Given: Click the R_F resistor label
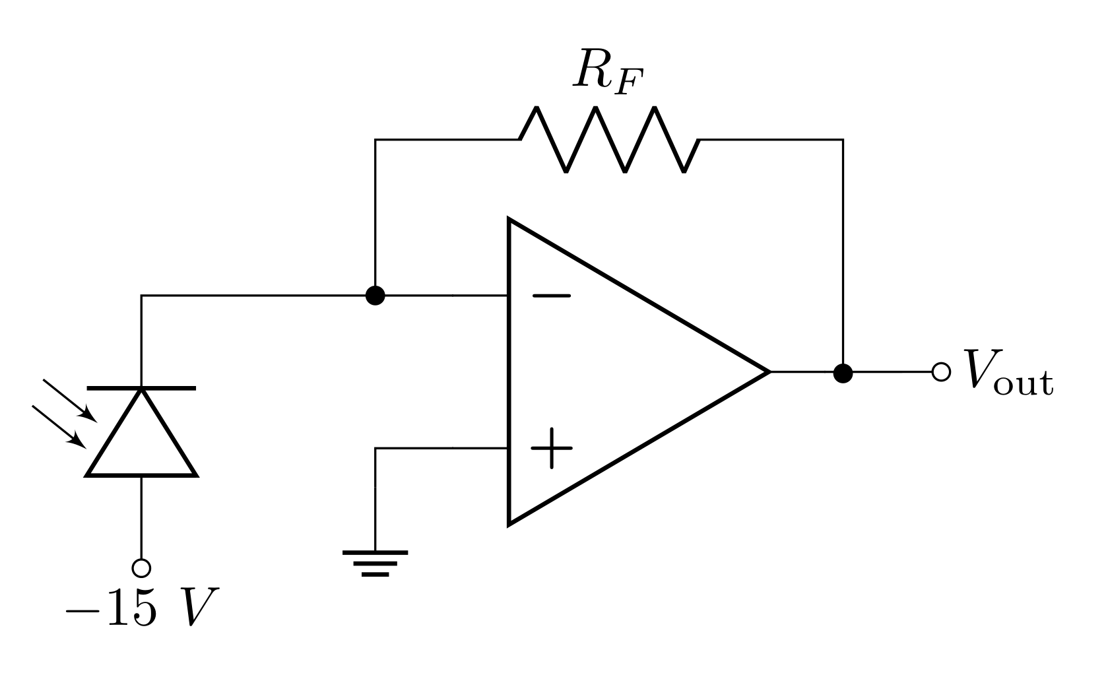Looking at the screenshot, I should (606, 71).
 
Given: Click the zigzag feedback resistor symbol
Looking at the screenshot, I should (609, 140).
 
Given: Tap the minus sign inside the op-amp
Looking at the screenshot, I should (552, 296).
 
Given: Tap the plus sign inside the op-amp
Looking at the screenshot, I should (552, 449).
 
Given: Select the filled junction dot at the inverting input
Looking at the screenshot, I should (375, 296).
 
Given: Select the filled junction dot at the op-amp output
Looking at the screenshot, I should (843, 373).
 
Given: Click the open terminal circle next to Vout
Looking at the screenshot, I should (941, 372).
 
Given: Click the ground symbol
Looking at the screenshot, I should (375, 563).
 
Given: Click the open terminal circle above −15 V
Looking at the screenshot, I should (141, 567).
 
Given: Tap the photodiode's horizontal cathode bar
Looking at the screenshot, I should (141, 389).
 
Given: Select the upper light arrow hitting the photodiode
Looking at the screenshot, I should (69, 399).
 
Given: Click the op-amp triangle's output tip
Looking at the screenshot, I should (769, 372).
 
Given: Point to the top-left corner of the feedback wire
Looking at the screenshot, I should (375, 140).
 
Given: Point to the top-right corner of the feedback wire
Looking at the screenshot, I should (843, 140).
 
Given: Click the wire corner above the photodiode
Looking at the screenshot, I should (141, 296).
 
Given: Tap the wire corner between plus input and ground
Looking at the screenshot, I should (375, 449).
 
